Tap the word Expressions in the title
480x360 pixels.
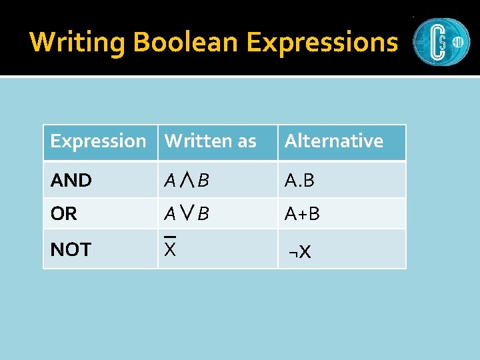tap(322, 42)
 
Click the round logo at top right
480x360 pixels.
tap(441, 41)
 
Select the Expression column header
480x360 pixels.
tap(98, 141)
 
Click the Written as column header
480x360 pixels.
tap(210, 141)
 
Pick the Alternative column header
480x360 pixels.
tap(333, 141)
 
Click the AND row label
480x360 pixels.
tap(71, 180)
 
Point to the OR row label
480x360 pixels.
tap(64, 214)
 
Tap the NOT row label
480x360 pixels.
tap(71, 250)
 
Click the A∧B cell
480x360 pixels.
tap(187, 180)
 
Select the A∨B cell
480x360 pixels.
tap(187, 214)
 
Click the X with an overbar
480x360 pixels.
tap(170, 250)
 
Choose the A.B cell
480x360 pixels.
tap(299, 180)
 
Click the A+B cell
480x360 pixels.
tap(302, 214)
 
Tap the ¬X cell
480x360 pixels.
tap(299, 252)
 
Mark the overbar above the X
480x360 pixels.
tap(170, 237)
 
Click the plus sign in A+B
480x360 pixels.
tap(302, 215)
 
